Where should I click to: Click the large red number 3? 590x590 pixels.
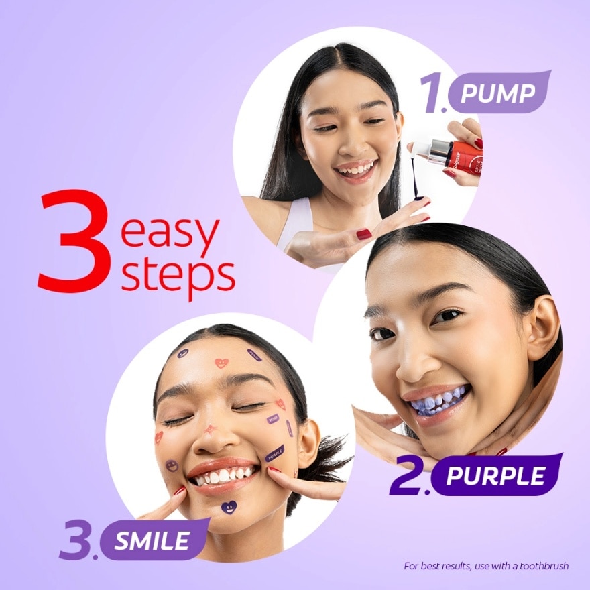pyautogui.click(x=75, y=241)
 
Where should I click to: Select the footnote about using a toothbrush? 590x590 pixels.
pyautogui.click(x=485, y=566)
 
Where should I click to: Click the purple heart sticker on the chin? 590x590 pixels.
pyautogui.click(x=229, y=507)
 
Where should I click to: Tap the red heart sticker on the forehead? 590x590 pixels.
pyautogui.click(x=221, y=363)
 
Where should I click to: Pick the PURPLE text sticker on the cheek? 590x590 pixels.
pyautogui.click(x=275, y=453)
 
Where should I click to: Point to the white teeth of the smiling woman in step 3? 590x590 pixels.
pyautogui.click(x=223, y=475)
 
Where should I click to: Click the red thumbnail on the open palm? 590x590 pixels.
pyautogui.click(x=364, y=234)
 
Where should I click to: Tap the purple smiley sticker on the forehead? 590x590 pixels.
pyautogui.click(x=182, y=353)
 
